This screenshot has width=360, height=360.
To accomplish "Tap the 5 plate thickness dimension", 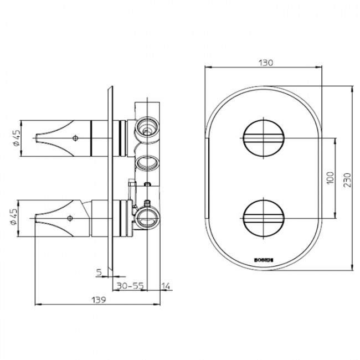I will (x=98, y=272).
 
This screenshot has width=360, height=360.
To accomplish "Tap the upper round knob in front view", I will (x=264, y=137).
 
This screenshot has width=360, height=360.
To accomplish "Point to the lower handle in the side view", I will (x=69, y=218).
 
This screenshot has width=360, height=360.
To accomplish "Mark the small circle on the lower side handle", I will (x=70, y=218).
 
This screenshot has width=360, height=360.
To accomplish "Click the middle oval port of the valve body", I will (x=147, y=163).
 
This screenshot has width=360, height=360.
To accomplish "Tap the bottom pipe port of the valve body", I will (x=147, y=218).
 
